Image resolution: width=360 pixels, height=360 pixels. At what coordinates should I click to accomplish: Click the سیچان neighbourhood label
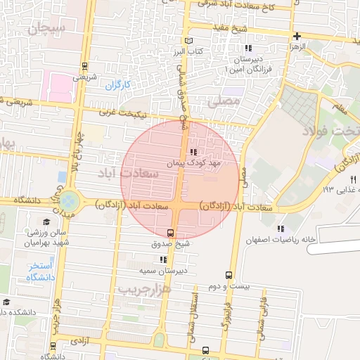tap(48, 29)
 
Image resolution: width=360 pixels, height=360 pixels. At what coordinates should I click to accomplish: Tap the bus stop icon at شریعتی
tap(85, 66)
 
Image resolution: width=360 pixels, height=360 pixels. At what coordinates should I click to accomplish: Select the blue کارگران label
tap(119, 86)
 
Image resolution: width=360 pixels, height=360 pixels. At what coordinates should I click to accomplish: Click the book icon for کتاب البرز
tap(186, 41)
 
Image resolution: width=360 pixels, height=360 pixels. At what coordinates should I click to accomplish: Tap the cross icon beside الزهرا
tap(297, 36)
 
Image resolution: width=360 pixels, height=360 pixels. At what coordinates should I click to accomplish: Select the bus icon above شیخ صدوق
tap(170, 233)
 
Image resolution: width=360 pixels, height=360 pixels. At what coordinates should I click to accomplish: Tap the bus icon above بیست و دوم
tap(229, 275)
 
